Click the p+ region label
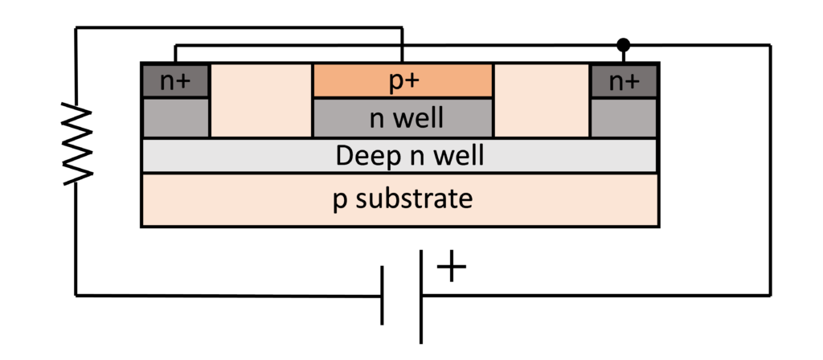coord(402,81)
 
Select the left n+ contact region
coord(176,81)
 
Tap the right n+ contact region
coord(624,81)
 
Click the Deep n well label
coord(399,155)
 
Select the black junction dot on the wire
coord(623,44)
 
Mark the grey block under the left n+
coord(176,118)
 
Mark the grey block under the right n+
coord(624,118)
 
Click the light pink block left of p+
coord(260,100)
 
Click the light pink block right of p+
coord(542,100)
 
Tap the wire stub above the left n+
coord(176,54)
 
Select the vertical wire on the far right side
coord(771,169)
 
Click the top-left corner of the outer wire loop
coord(76,28)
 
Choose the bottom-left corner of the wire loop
coord(76,295)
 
